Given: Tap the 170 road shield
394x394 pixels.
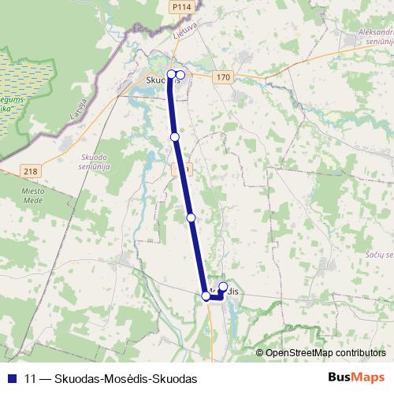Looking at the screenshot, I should pos(224,76).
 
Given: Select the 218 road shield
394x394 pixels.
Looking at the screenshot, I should pos(31,171).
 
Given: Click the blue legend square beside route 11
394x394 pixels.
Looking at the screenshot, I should pos(11,378).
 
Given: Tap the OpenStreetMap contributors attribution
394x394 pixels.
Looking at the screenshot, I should pos(325,352).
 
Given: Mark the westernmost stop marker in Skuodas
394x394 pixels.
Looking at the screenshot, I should pos(172,75).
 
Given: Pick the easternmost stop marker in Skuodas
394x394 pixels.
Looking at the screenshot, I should pos(180,75).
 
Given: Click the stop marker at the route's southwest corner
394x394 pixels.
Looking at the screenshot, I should pos(206,296).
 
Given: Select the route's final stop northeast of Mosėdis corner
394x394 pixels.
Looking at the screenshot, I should pos(223,286).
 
